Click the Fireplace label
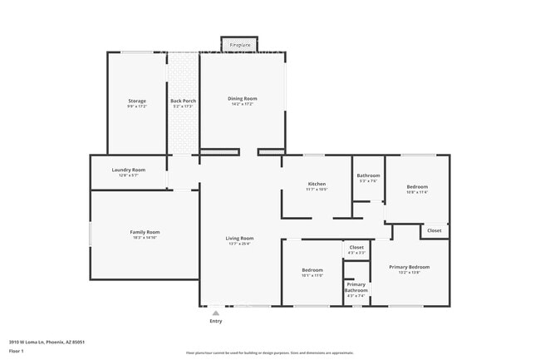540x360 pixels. [240, 43]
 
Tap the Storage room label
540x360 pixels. [136, 101]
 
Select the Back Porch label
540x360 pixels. [183, 101]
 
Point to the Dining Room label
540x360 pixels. [243, 98]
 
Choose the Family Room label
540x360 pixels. [145, 232]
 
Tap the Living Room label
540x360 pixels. [239, 239]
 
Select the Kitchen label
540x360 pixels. [317, 184]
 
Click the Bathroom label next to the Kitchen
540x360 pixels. [368, 175]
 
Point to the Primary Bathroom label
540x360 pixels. [356, 287]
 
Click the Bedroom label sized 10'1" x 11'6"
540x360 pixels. [312, 270]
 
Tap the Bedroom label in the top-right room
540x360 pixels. [417, 187]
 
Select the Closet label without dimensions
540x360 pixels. [434, 230]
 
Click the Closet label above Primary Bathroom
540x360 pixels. [356, 247]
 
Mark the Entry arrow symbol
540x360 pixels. [216, 312]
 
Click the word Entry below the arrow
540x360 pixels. [216, 321]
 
